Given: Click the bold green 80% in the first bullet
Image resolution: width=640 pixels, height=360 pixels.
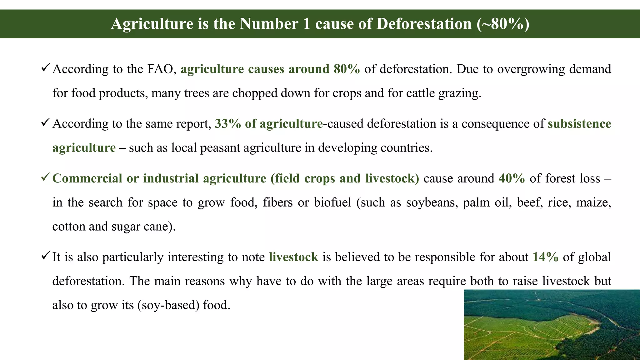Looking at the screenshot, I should [x=347, y=69].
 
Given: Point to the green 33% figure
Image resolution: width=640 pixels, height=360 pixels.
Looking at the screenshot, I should [x=227, y=124].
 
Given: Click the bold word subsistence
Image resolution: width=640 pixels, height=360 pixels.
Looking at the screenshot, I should [x=579, y=124].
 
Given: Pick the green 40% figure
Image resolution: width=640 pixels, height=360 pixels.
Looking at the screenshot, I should [x=512, y=178].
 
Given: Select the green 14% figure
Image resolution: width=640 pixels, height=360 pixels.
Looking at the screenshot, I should [x=545, y=257].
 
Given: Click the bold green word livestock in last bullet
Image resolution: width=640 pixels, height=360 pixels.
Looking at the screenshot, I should [x=293, y=257].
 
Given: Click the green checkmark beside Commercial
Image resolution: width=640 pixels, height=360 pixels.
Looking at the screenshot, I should [x=45, y=177].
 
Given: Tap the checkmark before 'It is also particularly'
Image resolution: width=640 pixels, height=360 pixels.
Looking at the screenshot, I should [x=45, y=256].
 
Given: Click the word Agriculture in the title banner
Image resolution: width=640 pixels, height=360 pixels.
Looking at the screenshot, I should [x=152, y=24].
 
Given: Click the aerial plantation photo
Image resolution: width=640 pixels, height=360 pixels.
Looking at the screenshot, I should [x=552, y=325].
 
